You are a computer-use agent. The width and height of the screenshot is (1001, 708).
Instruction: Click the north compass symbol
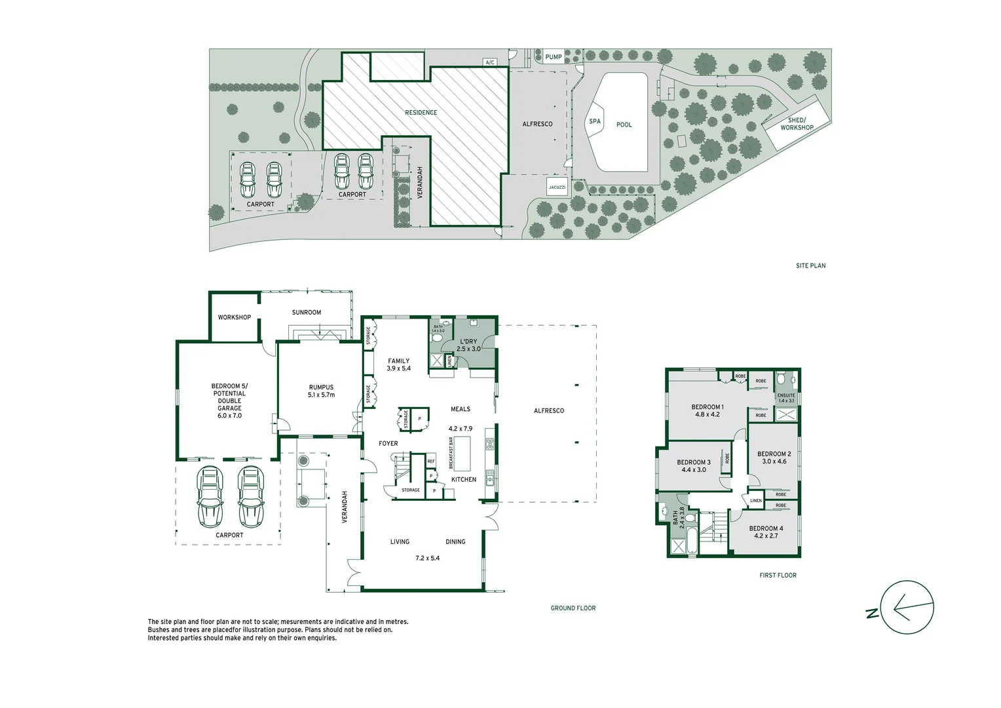(906, 608)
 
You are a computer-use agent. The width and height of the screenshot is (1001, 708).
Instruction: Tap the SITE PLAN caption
(810, 265)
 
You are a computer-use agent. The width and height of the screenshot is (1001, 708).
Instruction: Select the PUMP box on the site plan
(554, 57)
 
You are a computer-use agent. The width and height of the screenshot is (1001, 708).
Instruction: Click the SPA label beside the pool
(594, 121)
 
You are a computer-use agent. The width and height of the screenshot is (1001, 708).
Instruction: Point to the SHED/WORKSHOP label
(797, 124)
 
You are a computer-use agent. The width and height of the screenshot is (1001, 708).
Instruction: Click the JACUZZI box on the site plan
(557, 187)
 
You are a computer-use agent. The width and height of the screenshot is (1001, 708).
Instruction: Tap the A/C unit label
(489, 62)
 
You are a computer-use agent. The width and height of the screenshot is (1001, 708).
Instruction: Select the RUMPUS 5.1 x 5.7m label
(321, 391)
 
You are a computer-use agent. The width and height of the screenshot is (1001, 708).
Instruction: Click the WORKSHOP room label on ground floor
(235, 317)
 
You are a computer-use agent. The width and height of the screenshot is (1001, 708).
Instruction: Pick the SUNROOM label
(307, 313)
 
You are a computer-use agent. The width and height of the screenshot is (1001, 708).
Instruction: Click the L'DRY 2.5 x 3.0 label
(468, 345)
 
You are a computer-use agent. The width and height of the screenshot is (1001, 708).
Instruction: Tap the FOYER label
(388, 444)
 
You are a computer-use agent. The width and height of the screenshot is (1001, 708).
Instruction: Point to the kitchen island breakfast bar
(462, 453)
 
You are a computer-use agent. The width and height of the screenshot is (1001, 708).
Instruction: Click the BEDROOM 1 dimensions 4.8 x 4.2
(708, 414)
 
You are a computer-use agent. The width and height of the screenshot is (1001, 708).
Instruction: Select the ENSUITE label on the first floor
(786, 395)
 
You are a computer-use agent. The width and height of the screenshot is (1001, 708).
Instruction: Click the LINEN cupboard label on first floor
(756, 500)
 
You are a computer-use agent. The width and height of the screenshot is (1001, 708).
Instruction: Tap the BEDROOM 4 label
(766, 528)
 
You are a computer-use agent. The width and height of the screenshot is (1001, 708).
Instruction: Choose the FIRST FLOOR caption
(778, 576)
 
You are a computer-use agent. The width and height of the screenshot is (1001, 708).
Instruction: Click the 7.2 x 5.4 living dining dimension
(427, 559)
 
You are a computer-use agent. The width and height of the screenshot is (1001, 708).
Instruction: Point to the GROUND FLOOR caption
(573, 608)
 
